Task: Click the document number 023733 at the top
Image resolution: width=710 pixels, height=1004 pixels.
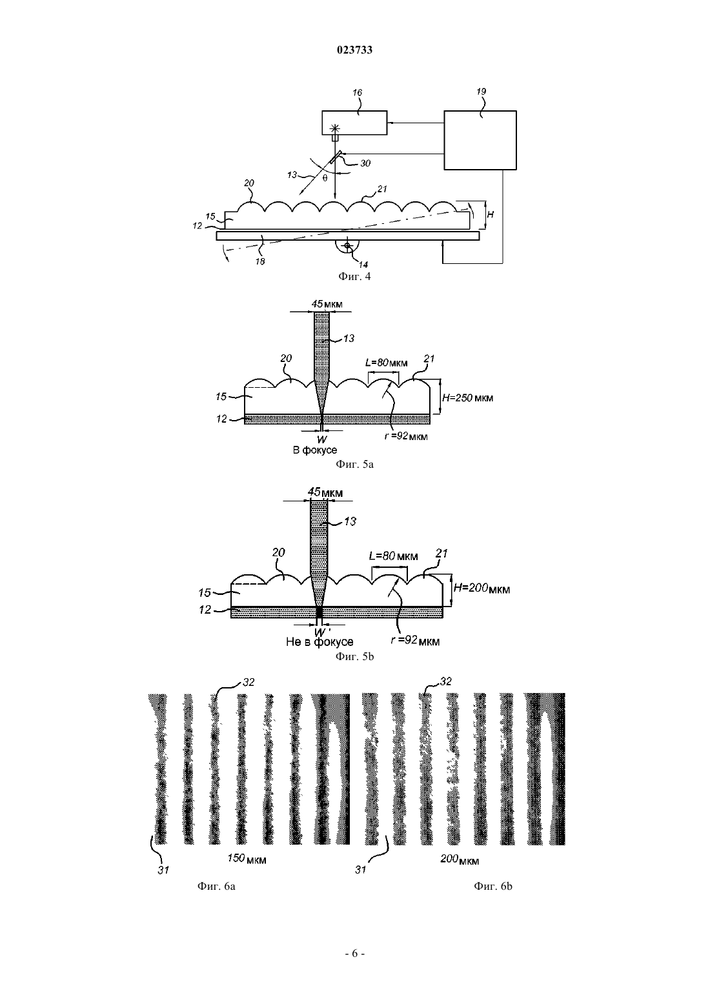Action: (354, 50)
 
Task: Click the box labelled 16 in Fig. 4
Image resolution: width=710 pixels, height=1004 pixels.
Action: (354, 123)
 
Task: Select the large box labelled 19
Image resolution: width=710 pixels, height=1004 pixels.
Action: (480, 140)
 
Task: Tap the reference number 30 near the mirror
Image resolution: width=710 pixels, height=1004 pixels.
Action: (365, 163)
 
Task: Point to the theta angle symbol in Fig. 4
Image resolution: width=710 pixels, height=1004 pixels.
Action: (325, 178)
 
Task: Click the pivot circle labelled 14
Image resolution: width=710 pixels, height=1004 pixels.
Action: (347, 246)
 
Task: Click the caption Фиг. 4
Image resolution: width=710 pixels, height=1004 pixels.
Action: (354, 276)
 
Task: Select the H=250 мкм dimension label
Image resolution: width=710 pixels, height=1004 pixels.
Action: (467, 397)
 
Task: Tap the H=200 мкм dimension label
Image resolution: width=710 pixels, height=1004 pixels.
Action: (482, 588)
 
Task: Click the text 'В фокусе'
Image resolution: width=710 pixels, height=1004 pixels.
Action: (315, 450)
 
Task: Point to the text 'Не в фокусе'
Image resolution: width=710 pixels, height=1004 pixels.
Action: (319, 642)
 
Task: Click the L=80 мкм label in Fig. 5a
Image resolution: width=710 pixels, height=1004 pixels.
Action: (386, 362)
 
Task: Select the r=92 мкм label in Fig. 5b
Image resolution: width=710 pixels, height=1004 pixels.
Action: (415, 640)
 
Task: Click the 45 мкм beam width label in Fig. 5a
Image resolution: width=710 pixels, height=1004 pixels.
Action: (327, 304)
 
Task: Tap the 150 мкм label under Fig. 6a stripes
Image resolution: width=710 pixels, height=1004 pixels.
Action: (247, 858)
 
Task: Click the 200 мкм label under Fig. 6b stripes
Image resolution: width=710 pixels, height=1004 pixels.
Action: (460, 859)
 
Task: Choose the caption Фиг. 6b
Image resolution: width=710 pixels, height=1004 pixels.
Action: (492, 886)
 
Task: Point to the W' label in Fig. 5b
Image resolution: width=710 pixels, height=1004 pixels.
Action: (319, 632)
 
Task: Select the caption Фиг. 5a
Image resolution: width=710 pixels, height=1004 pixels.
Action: (354, 465)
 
